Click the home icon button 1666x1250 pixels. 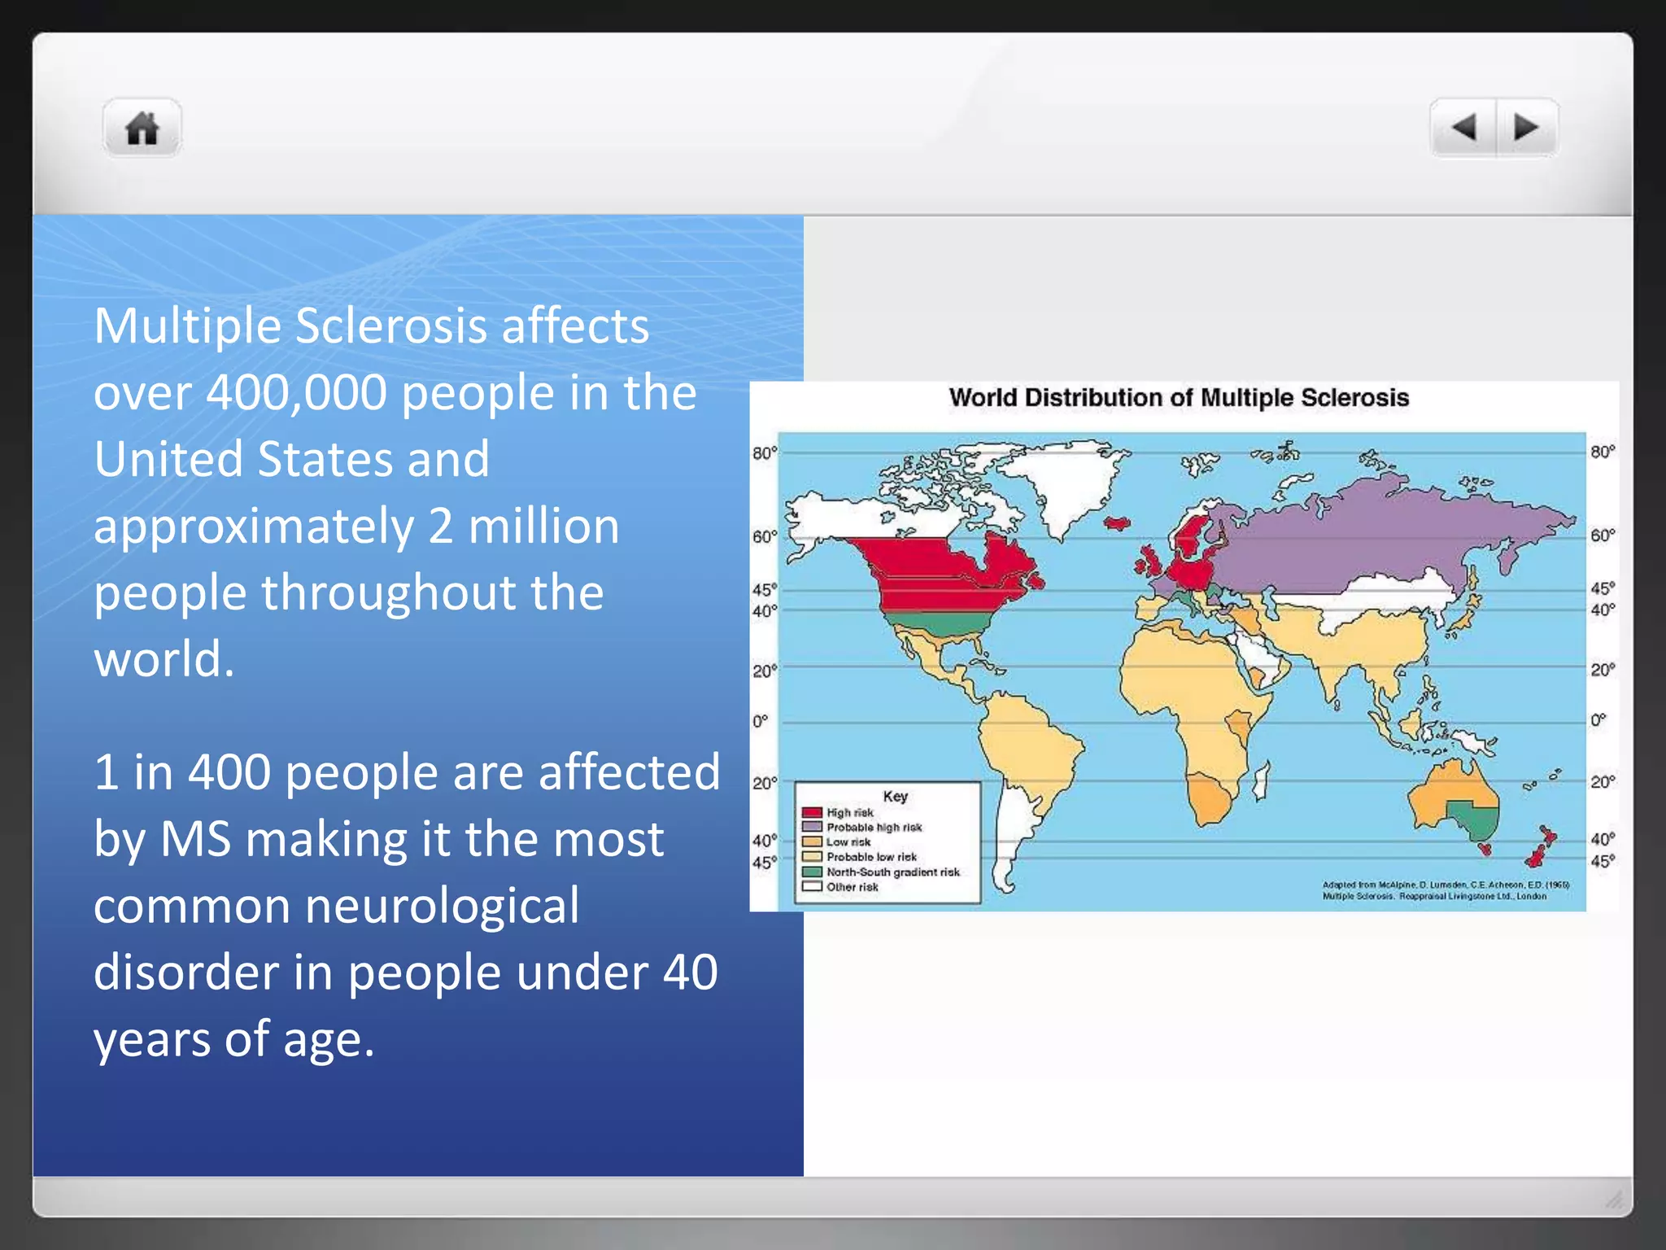tap(142, 129)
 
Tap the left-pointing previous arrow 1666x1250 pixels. tap(1463, 128)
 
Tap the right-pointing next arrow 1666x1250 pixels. tap(1526, 128)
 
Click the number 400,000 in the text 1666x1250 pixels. tap(296, 392)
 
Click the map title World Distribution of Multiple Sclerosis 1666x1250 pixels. tap(1179, 398)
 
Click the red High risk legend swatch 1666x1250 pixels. tap(811, 812)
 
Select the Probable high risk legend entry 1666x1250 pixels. tap(874, 828)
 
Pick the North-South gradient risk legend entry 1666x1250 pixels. tap(892, 872)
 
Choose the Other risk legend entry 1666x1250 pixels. tap(852, 887)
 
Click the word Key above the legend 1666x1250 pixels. tap(895, 797)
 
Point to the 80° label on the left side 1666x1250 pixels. tap(765, 453)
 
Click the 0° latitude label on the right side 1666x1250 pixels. tap(1598, 720)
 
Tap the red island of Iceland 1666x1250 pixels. tap(1117, 522)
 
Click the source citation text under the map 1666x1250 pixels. tap(1445, 890)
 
